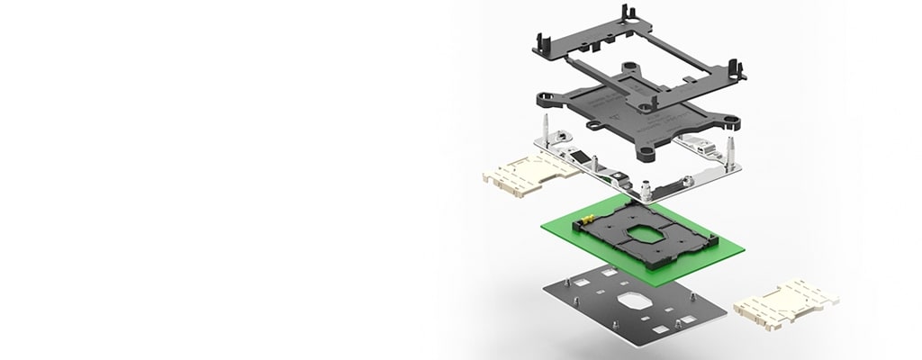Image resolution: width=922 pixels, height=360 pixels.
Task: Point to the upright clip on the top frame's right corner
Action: (x=737, y=69)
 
